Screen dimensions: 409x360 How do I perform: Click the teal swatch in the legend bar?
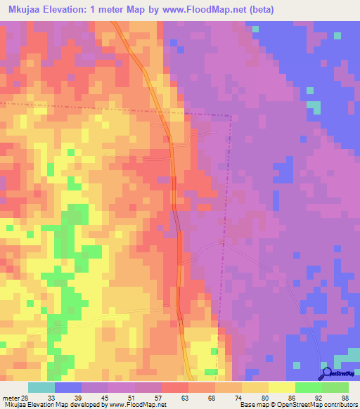[x=41, y=388]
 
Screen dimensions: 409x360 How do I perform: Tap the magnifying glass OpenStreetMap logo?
[x=327, y=374]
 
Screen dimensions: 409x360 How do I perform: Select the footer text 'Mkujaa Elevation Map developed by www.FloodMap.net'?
[x=84, y=405]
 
